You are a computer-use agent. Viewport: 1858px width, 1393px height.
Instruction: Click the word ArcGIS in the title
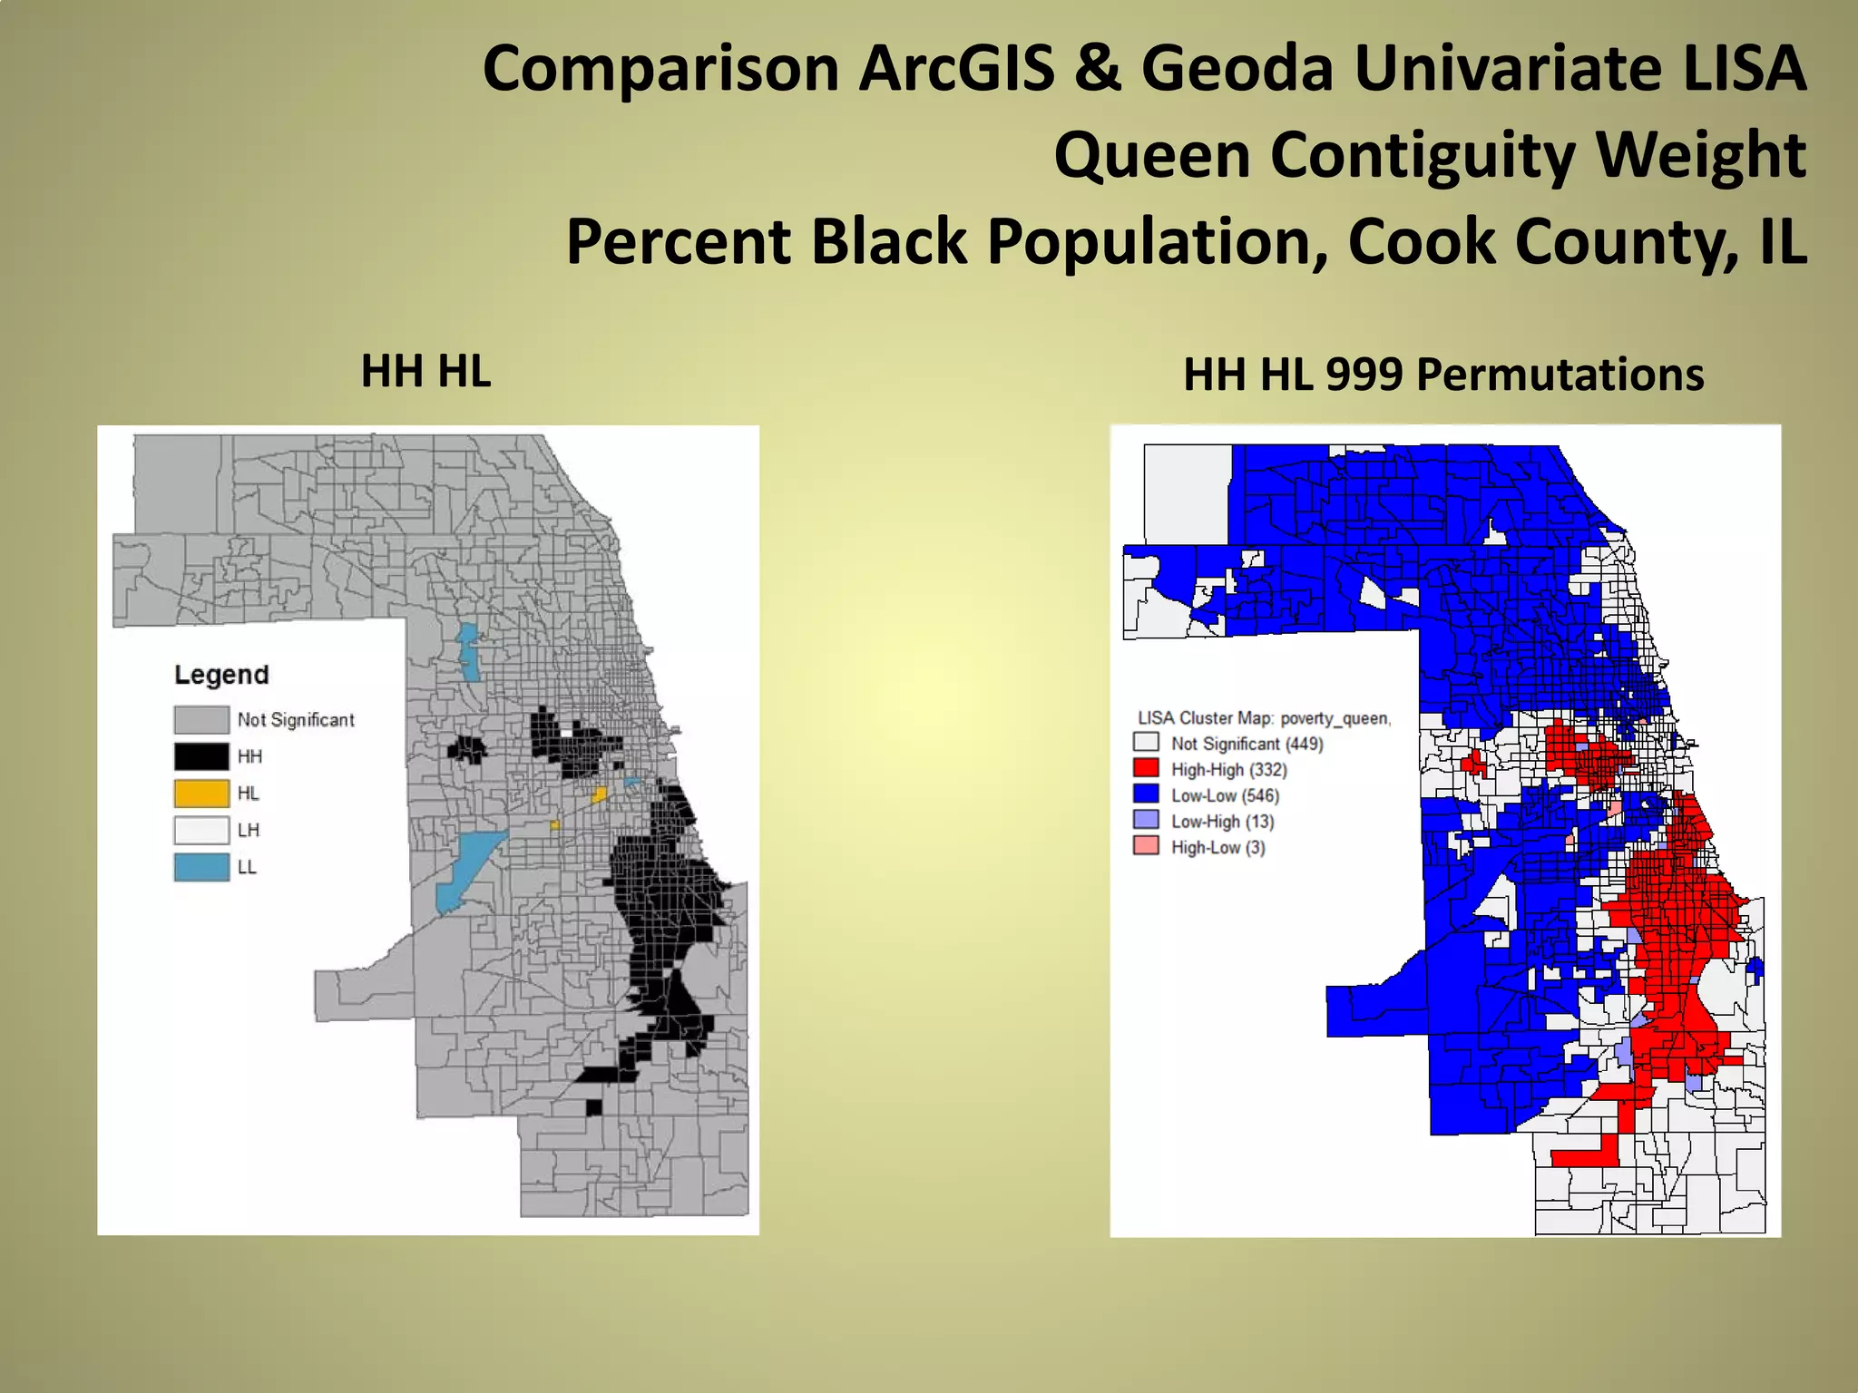(957, 69)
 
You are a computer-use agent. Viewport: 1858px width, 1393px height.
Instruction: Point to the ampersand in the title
(1098, 69)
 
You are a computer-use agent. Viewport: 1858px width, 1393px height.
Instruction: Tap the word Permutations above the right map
(1560, 375)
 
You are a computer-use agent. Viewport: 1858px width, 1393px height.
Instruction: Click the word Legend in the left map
(221, 675)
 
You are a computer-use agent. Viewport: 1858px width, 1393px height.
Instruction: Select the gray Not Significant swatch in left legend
(201, 720)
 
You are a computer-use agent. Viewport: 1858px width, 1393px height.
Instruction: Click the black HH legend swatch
(201, 756)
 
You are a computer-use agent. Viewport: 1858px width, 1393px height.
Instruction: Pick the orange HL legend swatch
(201, 794)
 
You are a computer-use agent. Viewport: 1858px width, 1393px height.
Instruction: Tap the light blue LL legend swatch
(201, 867)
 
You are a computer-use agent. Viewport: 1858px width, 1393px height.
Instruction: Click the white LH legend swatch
(201, 830)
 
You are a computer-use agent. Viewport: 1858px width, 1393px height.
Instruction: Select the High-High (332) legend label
(1228, 770)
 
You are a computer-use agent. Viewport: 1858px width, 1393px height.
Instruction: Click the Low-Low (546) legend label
(1225, 795)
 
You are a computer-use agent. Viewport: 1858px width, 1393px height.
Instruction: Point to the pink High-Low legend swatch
(1146, 846)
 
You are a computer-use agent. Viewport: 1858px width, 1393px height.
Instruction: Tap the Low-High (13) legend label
(1222, 822)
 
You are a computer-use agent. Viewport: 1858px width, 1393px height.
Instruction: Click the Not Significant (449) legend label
(1247, 744)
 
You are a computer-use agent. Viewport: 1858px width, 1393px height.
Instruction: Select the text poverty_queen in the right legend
(1335, 718)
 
